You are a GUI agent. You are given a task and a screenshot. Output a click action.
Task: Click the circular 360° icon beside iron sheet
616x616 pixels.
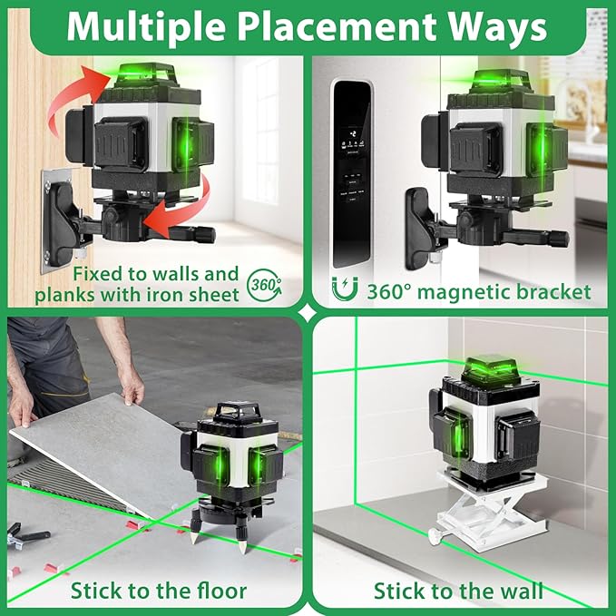point(265,285)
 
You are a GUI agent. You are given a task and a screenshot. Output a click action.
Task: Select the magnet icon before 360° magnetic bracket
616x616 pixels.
point(345,291)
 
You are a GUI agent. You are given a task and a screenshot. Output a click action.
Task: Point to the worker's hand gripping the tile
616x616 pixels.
point(132,392)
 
